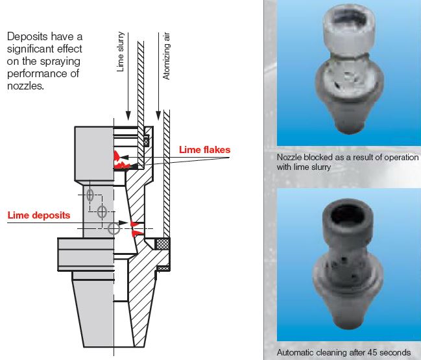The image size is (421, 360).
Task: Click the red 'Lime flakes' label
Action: pyautogui.click(x=204, y=150)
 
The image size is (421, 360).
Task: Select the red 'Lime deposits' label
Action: pyautogui.click(x=39, y=215)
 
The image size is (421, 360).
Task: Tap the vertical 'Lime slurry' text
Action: pyautogui.click(x=120, y=52)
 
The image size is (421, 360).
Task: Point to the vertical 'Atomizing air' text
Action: pyautogui.click(x=167, y=56)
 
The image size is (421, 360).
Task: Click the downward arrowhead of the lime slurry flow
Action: pyautogui.click(x=128, y=115)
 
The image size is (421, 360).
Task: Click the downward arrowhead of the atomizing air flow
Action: pyautogui.click(x=158, y=115)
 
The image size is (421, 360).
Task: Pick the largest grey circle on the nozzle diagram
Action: pyautogui.click(x=114, y=228)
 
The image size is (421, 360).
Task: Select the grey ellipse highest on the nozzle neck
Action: pyautogui.click(x=90, y=195)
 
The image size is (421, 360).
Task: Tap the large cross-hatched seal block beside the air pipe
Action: pyautogui.click(x=163, y=244)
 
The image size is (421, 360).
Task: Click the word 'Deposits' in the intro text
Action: pyautogui.click(x=27, y=36)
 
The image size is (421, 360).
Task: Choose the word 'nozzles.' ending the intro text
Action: pyautogui.click(x=25, y=86)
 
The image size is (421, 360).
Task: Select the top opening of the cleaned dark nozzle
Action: pyautogui.click(x=348, y=215)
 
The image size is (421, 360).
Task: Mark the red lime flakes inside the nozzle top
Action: pyautogui.click(x=121, y=160)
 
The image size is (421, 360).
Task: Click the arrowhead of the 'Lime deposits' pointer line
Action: pyautogui.click(x=123, y=223)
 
